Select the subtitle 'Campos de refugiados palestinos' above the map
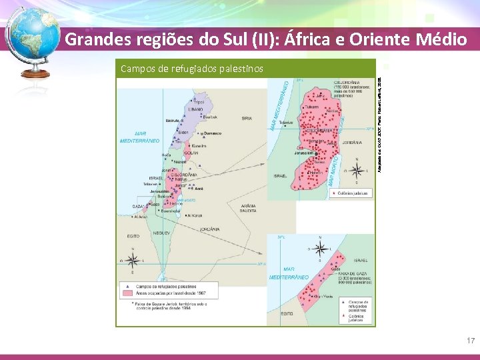coord(191,68)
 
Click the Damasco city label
coord(211,133)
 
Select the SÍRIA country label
coord(247,118)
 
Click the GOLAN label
coord(192,153)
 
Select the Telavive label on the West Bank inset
coord(286,123)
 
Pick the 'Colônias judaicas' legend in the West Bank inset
coord(354,193)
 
